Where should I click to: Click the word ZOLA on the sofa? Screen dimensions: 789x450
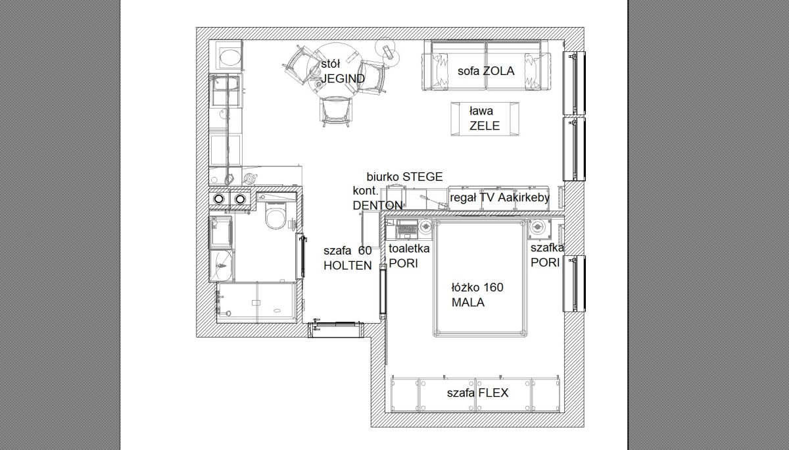[498, 71]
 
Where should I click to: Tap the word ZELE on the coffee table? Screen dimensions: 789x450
[485, 126]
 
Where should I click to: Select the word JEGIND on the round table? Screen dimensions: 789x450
[343, 78]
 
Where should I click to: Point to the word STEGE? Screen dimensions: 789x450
[423, 176]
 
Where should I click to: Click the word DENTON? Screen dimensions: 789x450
[377, 205]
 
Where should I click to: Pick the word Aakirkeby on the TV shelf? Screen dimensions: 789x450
[524, 198]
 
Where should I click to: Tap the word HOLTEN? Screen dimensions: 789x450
[348, 266]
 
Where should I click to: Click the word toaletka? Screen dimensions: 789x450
[409, 249]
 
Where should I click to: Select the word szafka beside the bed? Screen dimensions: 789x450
[547, 248]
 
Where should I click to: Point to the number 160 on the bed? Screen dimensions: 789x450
[493, 287]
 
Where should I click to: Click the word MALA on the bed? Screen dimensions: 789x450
[468, 303]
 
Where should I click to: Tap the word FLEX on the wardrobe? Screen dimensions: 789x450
[493, 393]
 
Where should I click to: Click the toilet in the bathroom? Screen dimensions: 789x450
[275, 216]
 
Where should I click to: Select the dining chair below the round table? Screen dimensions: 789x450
[336, 112]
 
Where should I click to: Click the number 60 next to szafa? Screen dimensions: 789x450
[365, 251]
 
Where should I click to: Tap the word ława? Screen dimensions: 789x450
[481, 111]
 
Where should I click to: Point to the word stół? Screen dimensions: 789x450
[330, 64]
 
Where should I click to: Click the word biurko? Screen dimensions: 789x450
[383, 176]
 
